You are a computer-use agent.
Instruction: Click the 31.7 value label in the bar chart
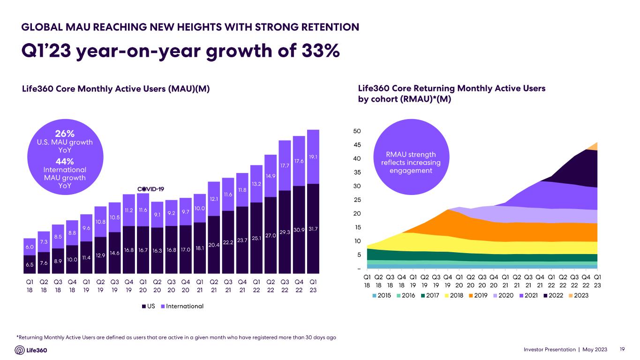pyautogui.click(x=313, y=229)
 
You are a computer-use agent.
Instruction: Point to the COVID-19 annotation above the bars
pyautogui.click(x=150, y=188)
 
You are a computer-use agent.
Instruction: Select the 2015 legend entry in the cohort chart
pyautogui.click(x=383, y=295)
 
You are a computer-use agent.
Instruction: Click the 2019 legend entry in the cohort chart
pyautogui.click(x=481, y=295)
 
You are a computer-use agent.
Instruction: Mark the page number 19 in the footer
pyautogui.click(x=622, y=350)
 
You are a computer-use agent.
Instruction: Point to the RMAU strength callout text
pyautogui.click(x=411, y=162)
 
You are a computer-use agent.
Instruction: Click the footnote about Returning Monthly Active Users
pyautogui.click(x=176, y=337)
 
